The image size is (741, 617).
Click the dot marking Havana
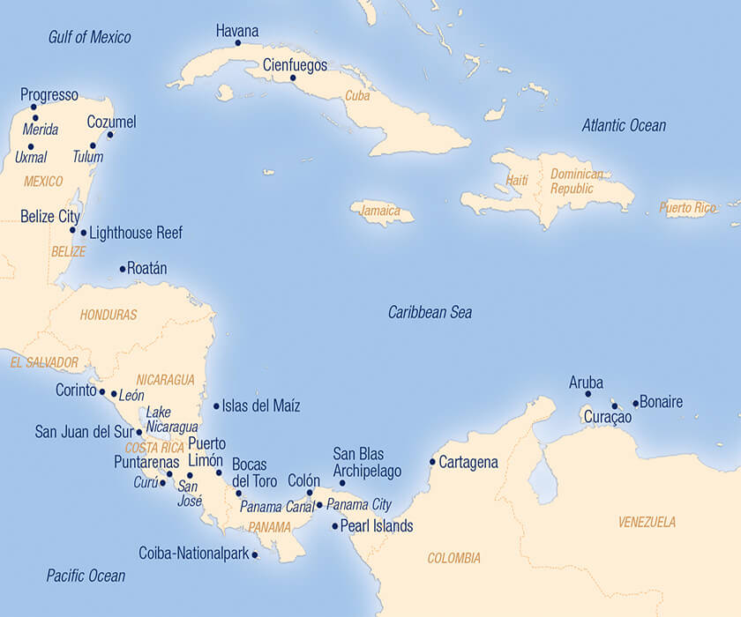coord(237,42)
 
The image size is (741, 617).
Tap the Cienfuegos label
coord(295,65)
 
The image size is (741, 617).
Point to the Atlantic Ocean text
coord(624,126)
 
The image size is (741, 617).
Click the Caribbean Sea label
coord(430,313)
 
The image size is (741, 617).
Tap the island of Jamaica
coord(381,212)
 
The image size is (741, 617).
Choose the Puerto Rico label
coord(688,208)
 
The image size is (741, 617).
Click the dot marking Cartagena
coord(432,462)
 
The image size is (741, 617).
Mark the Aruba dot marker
coord(588,394)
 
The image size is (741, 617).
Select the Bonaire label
coord(661,403)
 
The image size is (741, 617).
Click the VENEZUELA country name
coord(647,522)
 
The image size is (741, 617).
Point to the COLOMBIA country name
coord(454,558)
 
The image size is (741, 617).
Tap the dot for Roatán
coord(123,269)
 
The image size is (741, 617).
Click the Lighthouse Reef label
coord(136,234)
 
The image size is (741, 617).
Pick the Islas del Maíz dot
coord(216,406)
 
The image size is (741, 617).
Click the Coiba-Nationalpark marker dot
coord(255,554)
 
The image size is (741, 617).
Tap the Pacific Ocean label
coord(86,576)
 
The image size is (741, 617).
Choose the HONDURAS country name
coord(109,315)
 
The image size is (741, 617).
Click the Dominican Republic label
coord(578,182)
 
